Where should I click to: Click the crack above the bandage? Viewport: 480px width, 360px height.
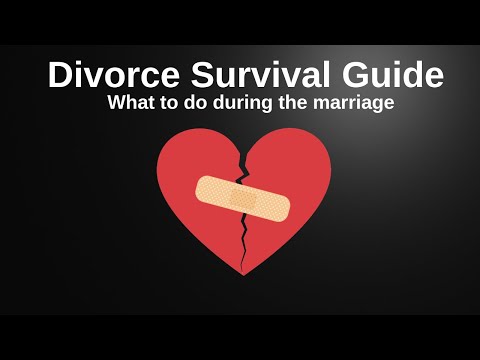coord(240,160)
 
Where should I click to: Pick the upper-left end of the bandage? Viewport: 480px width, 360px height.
coord(205,185)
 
